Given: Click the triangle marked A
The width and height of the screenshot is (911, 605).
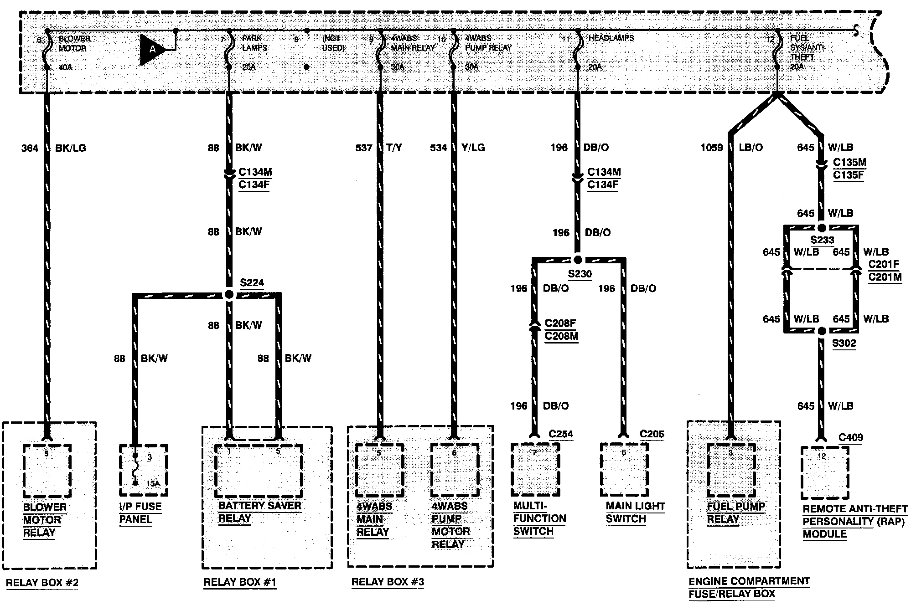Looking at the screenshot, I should (x=152, y=49).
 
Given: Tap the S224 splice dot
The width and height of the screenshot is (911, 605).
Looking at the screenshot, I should (x=229, y=295).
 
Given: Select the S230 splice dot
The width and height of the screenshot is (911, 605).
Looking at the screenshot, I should (x=578, y=260).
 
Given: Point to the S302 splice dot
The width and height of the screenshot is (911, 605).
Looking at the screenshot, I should (x=822, y=331).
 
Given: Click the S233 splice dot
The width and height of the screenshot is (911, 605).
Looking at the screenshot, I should (x=822, y=228).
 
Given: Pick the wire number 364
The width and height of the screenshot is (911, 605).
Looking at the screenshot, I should (x=30, y=148).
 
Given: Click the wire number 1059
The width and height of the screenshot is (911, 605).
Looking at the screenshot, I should (x=712, y=148).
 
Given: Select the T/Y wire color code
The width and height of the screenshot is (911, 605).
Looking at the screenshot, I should (x=394, y=148).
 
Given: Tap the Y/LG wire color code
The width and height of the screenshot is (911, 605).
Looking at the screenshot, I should (x=473, y=148).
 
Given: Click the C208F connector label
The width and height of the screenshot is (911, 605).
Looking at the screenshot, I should (x=560, y=323).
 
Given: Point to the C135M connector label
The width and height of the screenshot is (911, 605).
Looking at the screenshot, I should (x=849, y=163).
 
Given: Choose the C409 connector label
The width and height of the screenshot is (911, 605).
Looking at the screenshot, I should (x=851, y=438).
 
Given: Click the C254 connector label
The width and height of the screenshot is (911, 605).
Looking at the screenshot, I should (x=561, y=434).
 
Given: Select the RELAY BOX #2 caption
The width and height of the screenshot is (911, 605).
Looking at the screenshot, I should (x=42, y=583).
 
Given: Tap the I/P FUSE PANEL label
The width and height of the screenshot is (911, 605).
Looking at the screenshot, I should (x=140, y=513).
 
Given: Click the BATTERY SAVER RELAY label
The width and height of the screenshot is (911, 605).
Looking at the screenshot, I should (x=259, y=512).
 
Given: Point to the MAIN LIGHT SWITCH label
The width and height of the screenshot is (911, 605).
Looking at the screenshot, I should (x=635, y=513).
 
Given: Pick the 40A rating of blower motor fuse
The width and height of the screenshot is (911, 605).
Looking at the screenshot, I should (x=65, y=67).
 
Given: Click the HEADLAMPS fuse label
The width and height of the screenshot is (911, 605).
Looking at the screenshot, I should (x=611, y=38).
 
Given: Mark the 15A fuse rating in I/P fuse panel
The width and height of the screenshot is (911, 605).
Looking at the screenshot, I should (x=153, y=483).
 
